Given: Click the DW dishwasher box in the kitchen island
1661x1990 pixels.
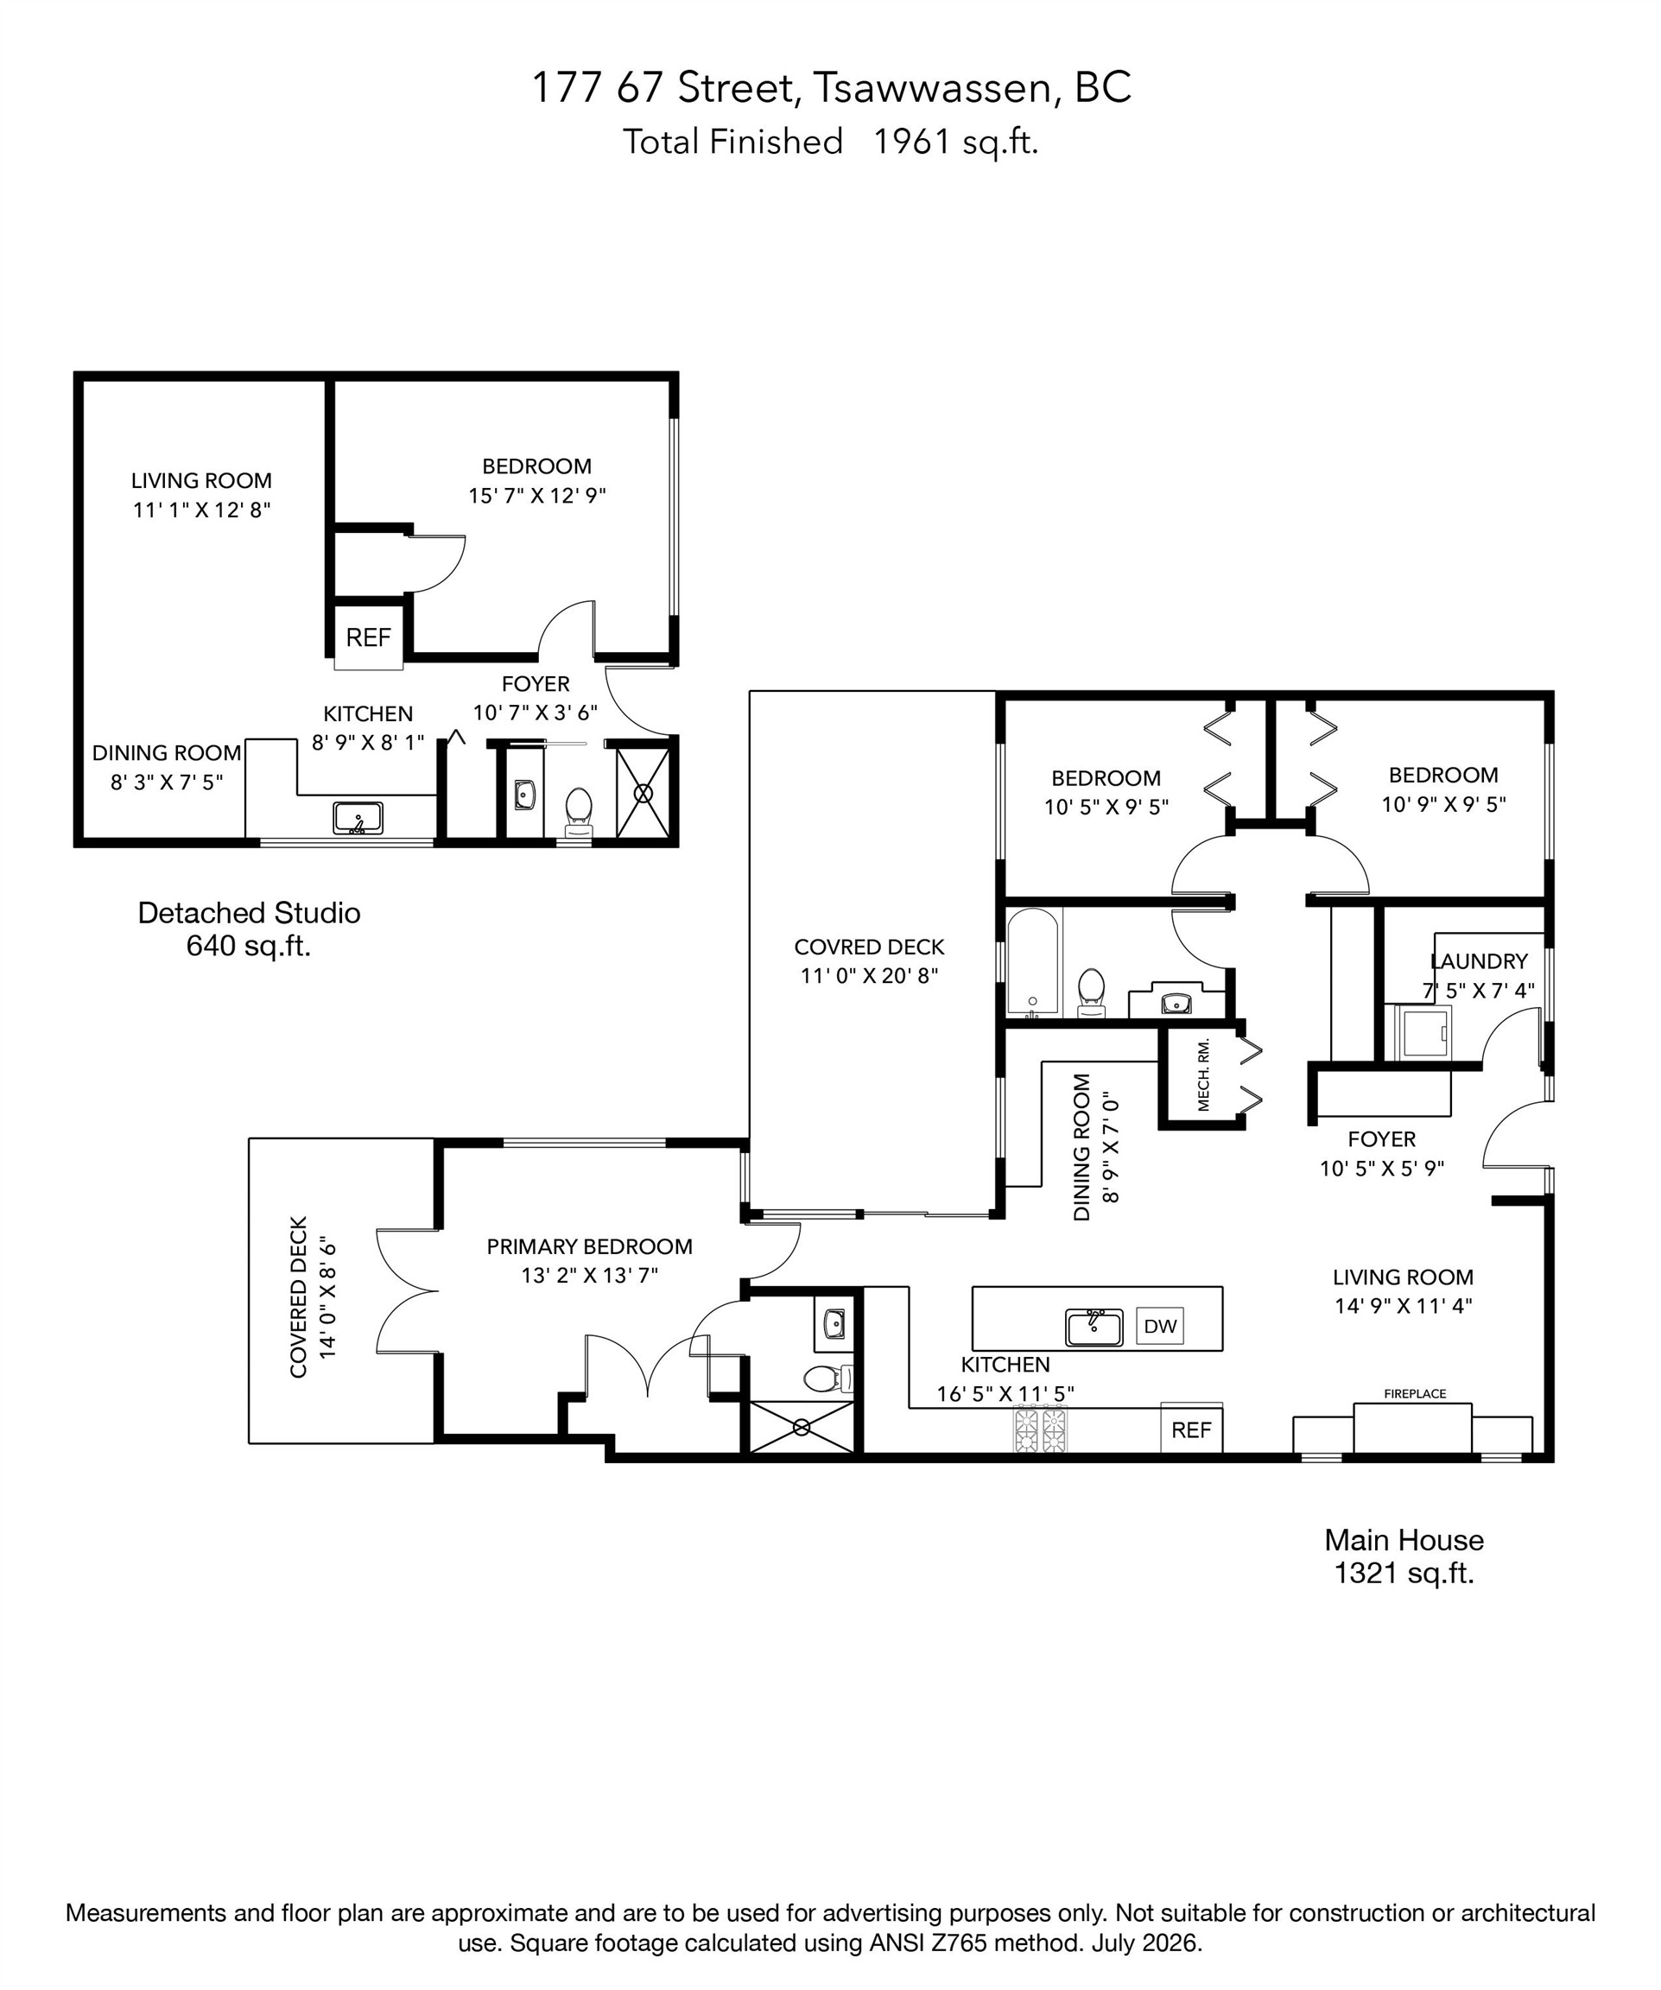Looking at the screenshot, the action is tap(1160, 1326).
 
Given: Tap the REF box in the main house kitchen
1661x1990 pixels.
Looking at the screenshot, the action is tap(1191, 1430).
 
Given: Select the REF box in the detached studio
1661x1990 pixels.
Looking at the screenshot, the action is tap(368, 637).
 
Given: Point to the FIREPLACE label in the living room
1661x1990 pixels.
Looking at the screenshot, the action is tap(1415, 1394).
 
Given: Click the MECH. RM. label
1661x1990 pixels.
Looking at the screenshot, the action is tap(1203, 1074).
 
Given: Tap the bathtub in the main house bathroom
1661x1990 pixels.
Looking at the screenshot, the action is tap(1033, 962).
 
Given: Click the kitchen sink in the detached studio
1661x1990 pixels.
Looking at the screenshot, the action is tap(358, 817).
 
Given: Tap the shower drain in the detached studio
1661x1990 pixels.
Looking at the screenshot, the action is tap(644, 793).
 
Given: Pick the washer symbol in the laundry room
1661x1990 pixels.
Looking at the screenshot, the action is tap(1424, 1032).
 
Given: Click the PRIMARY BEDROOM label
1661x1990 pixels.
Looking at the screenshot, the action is tap(589, 1246).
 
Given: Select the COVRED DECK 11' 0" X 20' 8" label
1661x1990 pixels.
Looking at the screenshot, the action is tap(869, 961).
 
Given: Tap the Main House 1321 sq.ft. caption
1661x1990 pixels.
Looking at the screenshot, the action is tap(1404, 1556).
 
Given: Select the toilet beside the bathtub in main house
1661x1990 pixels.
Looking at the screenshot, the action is tap(1092, 993).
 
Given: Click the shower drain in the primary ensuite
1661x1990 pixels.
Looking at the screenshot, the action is tap(802, 1427).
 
